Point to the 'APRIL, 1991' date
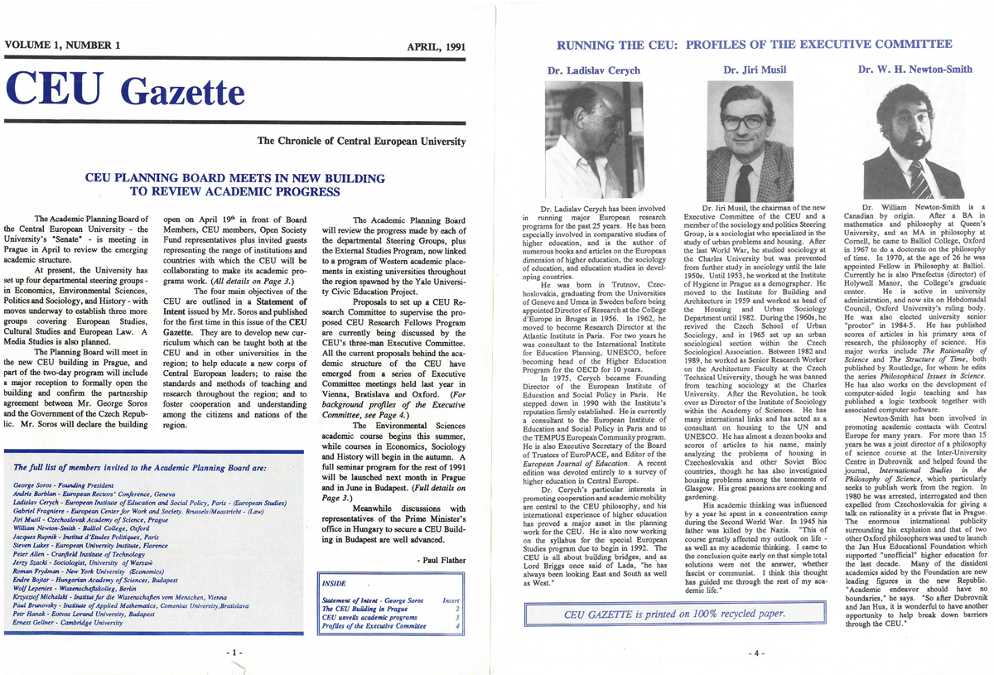click(x=437, y=46)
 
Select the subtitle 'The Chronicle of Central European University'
click(x=362, y=142)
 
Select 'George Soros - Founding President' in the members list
click(x=64, y=483)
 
